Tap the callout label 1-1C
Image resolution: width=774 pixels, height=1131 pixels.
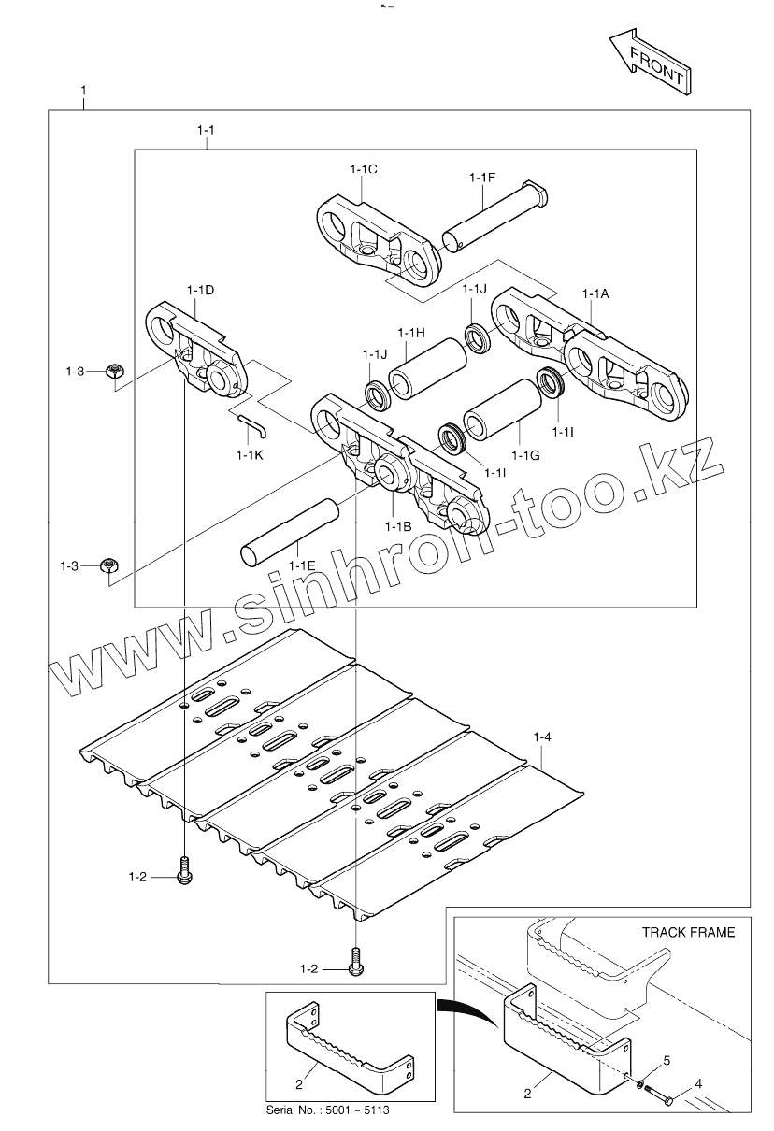click(364, 169)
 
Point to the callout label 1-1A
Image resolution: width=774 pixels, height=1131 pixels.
click(595, 294)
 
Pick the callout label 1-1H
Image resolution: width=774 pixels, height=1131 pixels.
click(411, 333)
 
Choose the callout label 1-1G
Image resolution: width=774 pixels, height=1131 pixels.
click(527, 454)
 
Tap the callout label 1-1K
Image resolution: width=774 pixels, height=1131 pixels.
click(250, 454)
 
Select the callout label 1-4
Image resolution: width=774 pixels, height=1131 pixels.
click(542, 738)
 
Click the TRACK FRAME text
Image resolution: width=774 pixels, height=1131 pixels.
click(688, 932)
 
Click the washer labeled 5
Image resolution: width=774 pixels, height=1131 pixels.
click(640, 1085)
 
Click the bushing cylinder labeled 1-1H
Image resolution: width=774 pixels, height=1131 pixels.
click(426, 368)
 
